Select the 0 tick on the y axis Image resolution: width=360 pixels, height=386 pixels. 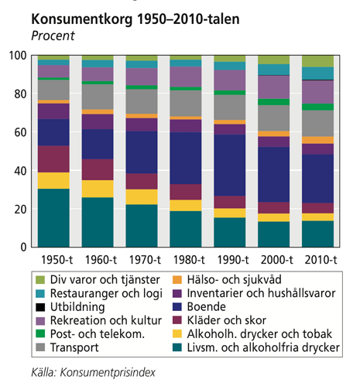(x=24, y=247)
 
